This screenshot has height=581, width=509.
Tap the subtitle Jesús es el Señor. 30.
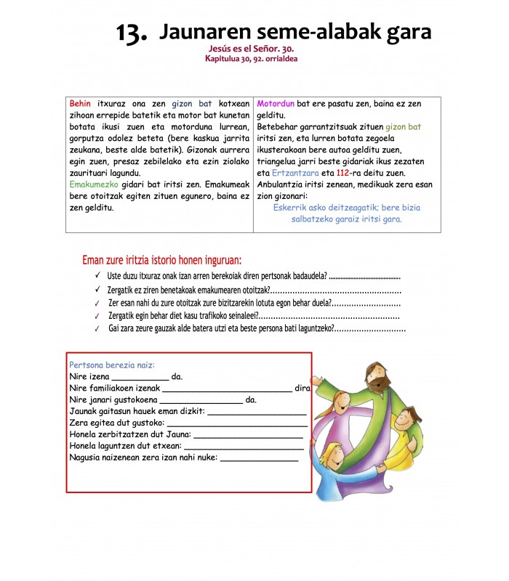point(251,49)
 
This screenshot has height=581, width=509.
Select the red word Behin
point(80,104)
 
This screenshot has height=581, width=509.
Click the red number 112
point(345,173)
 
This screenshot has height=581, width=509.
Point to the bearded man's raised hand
point(317,379)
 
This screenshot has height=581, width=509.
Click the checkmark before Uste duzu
point(97,276)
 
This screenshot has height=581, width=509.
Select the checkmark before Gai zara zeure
point(97,328)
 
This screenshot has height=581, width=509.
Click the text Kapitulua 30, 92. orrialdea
point(251,59)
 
